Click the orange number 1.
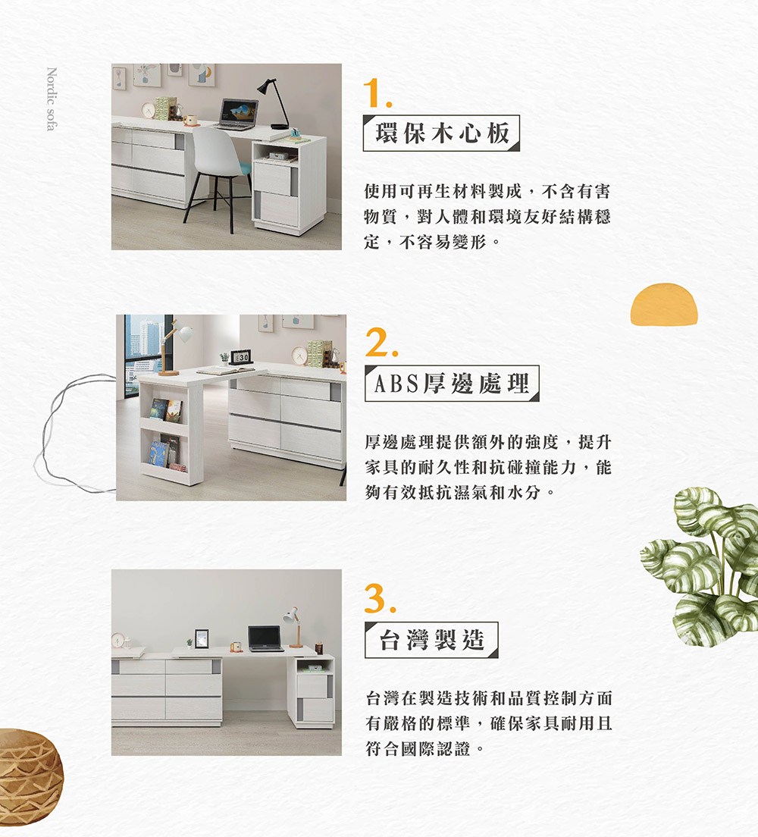point(377,93)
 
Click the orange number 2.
point(378,345)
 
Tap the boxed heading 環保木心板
point(441,133)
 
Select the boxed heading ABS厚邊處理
point(452,384)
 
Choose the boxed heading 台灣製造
point(431,640)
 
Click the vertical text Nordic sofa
point(51,99)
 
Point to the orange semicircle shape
point(663,305)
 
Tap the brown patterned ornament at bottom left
point(29,766)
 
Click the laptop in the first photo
point(237,114)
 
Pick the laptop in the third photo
point(265,638)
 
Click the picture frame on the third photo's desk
point(202,638)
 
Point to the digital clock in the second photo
point(240,357)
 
